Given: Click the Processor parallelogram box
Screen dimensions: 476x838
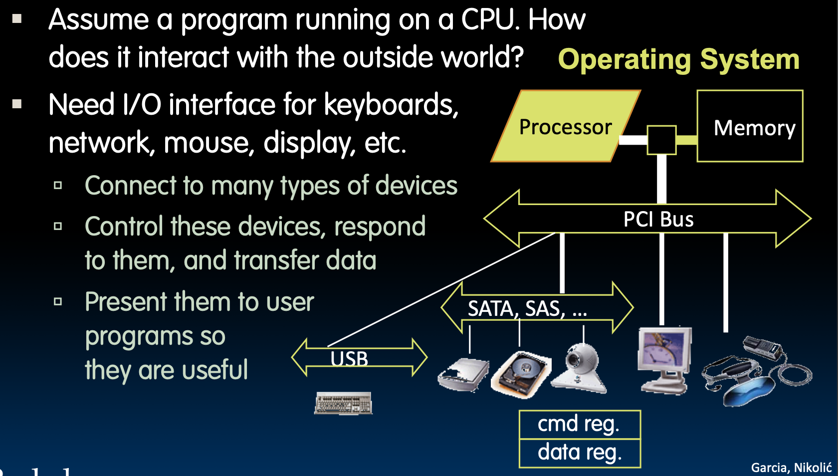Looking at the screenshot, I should pyautogui.click(x=566, y=127).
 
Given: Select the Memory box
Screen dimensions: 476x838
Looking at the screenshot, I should pyautogui.click(x=750, y=127).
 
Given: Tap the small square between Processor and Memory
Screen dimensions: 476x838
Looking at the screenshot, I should pyautogui.click(x=661, y=140).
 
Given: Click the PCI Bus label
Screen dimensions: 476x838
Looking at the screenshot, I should pyautogui.click(x=658, y=220).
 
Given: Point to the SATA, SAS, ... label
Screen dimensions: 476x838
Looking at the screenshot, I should pyautogui.click(x=527, y=309).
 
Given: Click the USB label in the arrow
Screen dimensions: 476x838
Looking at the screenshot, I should pyautogui.click(x=349, y=359).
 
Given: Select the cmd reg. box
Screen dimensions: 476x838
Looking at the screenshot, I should pyautogui.click(x=579, y=425).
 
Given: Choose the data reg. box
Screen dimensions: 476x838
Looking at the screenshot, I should pyautogui.click(x=579, y=453).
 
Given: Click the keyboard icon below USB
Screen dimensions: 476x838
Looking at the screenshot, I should pyautogui.click(x=343, y=403).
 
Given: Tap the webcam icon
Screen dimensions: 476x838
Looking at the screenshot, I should pyautogui.click(x=581, y=369).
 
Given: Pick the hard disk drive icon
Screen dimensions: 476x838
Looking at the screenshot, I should pyautogui.click(x=521, y=374).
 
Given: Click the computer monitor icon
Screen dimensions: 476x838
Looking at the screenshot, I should pyautogui.click(x=665, y=359).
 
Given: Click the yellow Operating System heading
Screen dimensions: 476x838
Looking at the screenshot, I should pyautogui.click(x=678, y=59).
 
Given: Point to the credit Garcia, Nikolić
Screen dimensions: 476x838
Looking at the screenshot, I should pyautogui.click(x=791, y=468).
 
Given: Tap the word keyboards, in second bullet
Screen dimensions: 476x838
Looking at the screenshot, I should pyautogui.click(x=391, y=105).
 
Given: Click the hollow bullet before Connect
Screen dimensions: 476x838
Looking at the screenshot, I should pyautogui.click(x=58, y=186).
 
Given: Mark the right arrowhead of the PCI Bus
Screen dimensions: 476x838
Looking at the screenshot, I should pyautogui.click(x=795, y=219).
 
